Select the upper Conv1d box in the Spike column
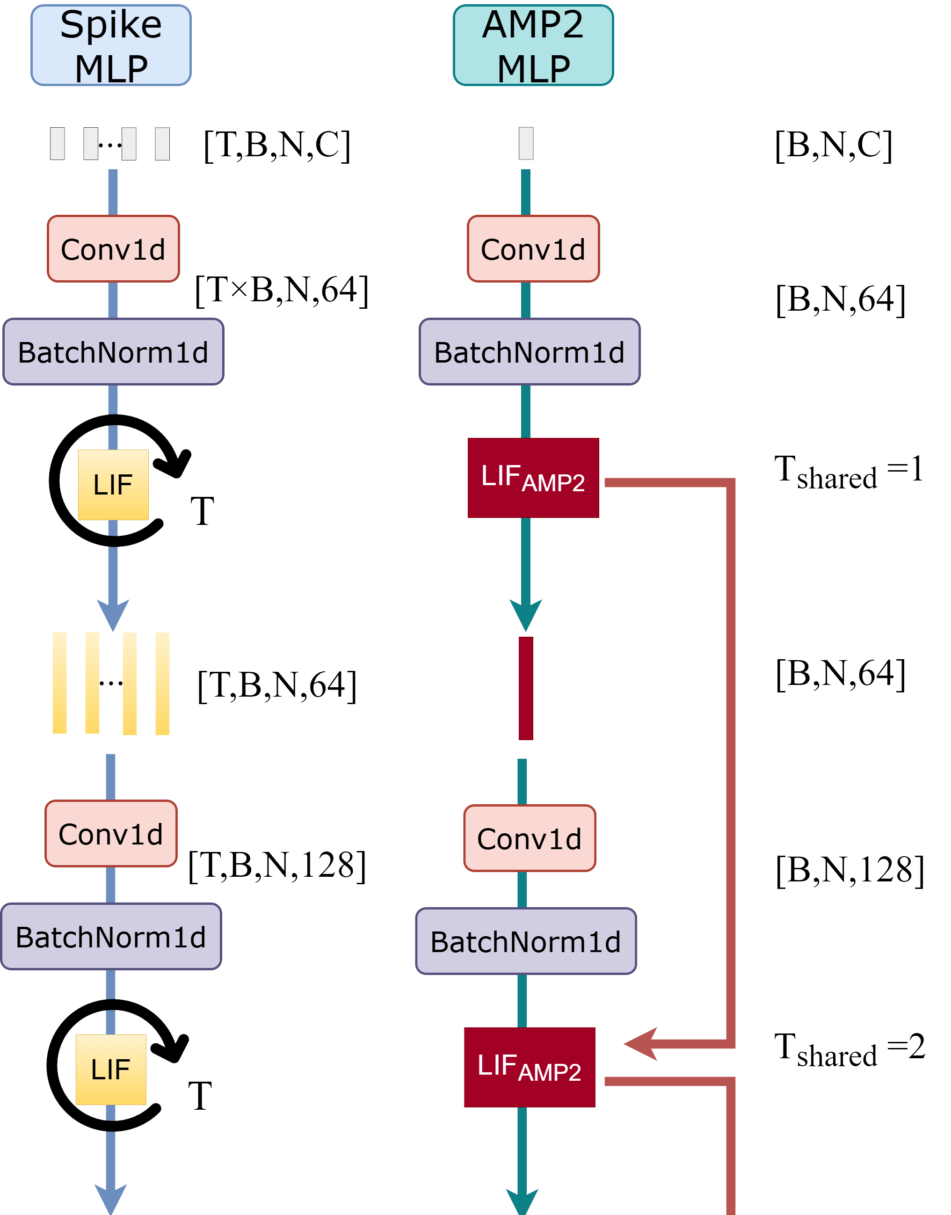[x=113, y=249]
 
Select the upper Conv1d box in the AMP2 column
[x=533, y=249]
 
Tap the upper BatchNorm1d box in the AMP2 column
[x=529, y=352]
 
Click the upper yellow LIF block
[x=113, y=484]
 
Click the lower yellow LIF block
[x=111, y=1069]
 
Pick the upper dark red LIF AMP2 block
[x=533, y=478]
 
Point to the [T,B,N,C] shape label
[x=277, y=146]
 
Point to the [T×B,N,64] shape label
[x=281, y=290]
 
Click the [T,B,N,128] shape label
[x=277, y=866]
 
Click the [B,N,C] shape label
[x=834, y=146]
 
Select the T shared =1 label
[x=849, y=472]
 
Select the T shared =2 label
[x=849, y=1050]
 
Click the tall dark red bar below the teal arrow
[x=526, y=688]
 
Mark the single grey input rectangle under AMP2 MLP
[x=526, y=143]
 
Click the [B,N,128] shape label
[x=849, y=870]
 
